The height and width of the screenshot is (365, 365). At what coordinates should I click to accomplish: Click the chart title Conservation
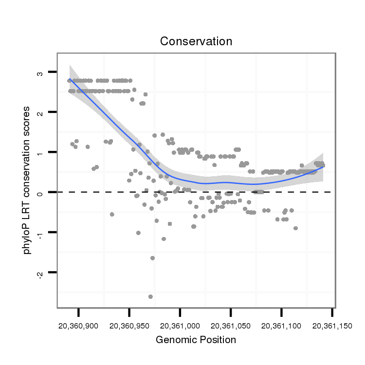click(x=196, y=41)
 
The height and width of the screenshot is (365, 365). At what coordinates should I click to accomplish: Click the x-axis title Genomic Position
click(x=196, y=340)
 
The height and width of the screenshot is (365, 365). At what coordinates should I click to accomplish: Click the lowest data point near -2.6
click(x=150, y=296)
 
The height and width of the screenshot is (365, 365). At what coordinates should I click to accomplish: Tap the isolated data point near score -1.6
click(x=152, y=258)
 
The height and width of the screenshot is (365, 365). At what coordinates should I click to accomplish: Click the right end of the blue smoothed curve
click(x=324, y=166)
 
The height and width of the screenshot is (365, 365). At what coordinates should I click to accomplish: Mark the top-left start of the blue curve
click(x=70, y=79)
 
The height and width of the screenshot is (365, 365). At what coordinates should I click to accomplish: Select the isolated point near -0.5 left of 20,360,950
click(x=112, y=214)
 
